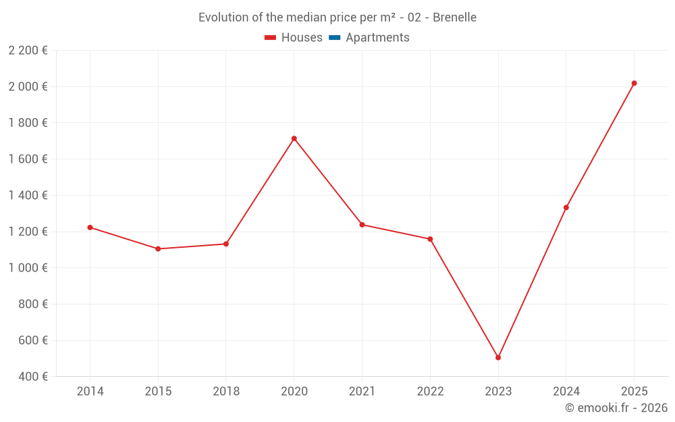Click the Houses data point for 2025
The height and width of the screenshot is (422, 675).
[x=634, y=83]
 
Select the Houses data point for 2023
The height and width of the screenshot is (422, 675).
[x=498, y=357]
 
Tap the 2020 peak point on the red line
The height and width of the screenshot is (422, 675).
[x=294, y=138]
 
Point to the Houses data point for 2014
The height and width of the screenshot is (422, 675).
[x=90, y=228]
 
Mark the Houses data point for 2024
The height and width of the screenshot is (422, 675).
[x=566, y=207]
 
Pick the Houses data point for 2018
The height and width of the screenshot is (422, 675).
[x=226, y=244]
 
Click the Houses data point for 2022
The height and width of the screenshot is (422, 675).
[x=430, y=239]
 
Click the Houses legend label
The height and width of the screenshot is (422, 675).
[x=302, y=38]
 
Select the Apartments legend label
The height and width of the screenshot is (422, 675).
[x=377, y=38]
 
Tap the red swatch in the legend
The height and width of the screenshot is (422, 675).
[x=270, y=38]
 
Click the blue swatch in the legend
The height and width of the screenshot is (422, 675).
[x=334, y=38]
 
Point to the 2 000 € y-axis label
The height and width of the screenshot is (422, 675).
[x=28, y=86]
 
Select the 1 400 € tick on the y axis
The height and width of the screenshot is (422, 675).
[x=28, y=195]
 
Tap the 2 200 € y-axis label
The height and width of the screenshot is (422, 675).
[x=28, y=50]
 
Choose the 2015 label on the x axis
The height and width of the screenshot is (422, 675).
[x=158, y=392]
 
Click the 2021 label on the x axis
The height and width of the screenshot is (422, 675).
[x=362, y=392]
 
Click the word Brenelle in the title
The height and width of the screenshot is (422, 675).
[x=454, y=18]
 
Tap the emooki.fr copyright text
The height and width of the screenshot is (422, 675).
[x=616, y=408]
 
